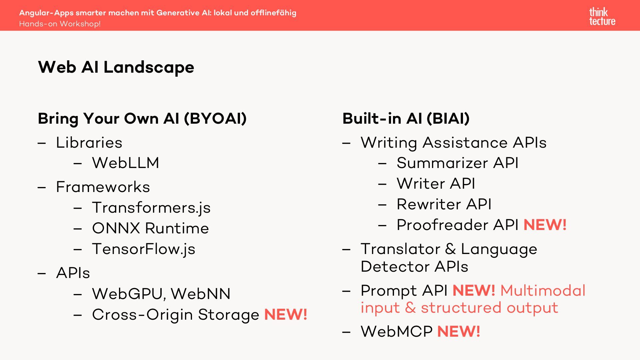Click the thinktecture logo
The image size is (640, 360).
(602, 17)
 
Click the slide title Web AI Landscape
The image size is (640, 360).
(116, 67)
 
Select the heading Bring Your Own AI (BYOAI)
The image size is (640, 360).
(142, 118)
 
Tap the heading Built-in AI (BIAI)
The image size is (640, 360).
(406, 118)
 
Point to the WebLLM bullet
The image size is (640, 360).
(126, 163)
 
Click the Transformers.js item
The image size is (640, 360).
(151, 208)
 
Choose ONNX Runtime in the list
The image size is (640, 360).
(150, 228)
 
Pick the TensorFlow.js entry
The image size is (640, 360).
(144, 249)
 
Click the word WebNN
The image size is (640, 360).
(201, 294)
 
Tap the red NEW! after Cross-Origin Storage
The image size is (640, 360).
(286, 314)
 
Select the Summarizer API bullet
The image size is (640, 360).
(457, 163)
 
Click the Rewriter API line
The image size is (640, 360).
(444, 204)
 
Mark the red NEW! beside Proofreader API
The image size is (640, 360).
(545, 225)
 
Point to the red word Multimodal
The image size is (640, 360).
(543, 291)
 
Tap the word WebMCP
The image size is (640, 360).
(397, 332)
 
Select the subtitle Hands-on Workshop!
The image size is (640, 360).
(60, 24)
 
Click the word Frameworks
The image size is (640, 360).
(103, 187)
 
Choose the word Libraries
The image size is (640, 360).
(89, 143)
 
